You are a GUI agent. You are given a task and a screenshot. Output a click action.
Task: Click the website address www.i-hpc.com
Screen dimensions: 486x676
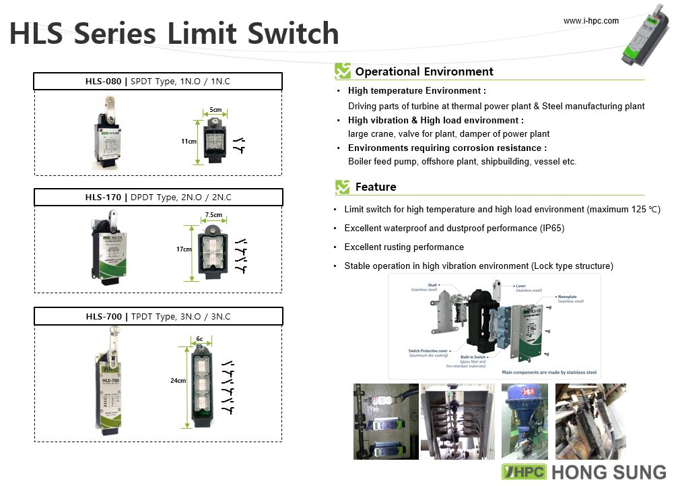tap(590, 21)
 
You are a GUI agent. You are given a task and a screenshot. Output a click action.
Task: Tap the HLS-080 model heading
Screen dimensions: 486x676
tap(103, 82)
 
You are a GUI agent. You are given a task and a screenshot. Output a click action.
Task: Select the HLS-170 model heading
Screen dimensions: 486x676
tap(103, 198)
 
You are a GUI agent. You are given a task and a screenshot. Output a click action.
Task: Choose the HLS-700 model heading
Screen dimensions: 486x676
tap(103, 316)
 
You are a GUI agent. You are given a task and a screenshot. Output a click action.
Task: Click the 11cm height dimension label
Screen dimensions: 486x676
tap(189, 142)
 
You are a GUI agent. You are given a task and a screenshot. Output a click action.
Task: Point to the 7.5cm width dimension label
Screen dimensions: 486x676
tap(213, 215)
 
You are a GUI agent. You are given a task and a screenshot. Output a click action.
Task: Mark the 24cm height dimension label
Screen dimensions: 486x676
tap(178, 381)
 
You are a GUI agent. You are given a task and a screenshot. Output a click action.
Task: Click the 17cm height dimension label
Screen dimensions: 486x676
tap(184, 249)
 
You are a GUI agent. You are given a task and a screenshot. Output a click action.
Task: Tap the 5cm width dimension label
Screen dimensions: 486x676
tap(215, 109)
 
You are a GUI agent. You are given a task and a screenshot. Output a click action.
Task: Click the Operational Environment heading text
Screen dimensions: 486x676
tap(424, 71)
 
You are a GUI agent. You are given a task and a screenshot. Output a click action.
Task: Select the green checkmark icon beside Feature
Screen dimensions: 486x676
tap(343, 187)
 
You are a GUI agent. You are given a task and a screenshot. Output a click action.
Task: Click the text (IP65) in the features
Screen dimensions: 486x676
tap(551, 229)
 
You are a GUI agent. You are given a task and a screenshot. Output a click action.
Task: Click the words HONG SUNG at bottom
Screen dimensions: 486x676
tap(609, 472)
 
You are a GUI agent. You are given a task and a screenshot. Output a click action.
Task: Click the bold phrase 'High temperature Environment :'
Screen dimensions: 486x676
tap(417, 90)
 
